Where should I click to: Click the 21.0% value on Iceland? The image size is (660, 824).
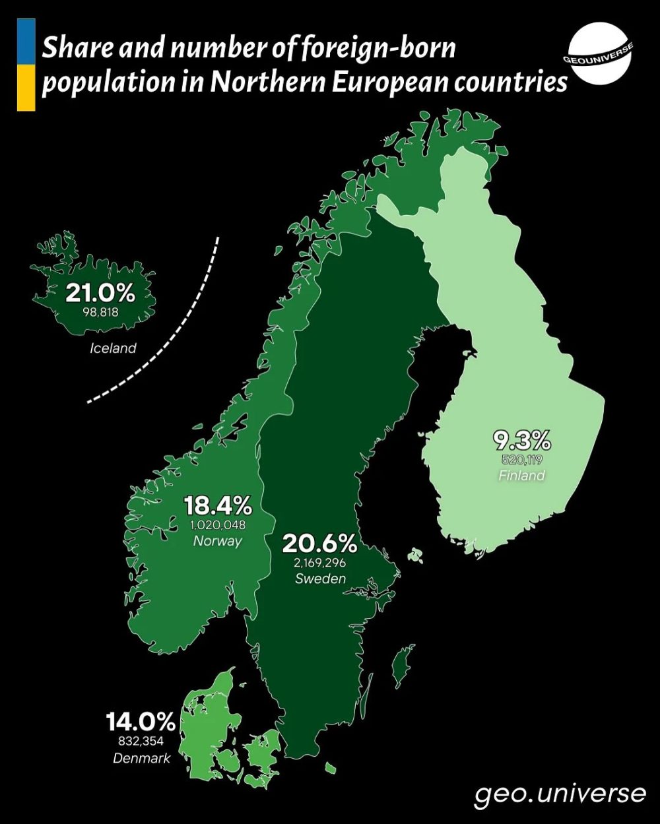click(100, 292)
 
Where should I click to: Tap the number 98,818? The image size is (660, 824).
click(101, 312)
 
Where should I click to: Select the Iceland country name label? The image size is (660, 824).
click(113, 348)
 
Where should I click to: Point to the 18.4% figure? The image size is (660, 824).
click(218, 506)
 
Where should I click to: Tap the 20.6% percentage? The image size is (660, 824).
click(320, 544)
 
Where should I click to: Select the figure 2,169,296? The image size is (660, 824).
click(320, 563)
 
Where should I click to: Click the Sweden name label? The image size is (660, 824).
click(320, 579)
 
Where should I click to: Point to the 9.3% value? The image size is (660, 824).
click(522, 440)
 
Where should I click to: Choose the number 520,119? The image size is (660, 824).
click(522, 460)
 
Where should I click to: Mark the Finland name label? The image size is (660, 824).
click(522, 476)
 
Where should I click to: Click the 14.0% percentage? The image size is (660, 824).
click(141, 722)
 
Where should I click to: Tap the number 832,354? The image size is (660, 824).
click(141, 742)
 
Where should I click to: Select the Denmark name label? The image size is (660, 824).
click(141, 758)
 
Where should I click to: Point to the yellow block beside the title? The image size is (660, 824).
click(26, 88)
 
